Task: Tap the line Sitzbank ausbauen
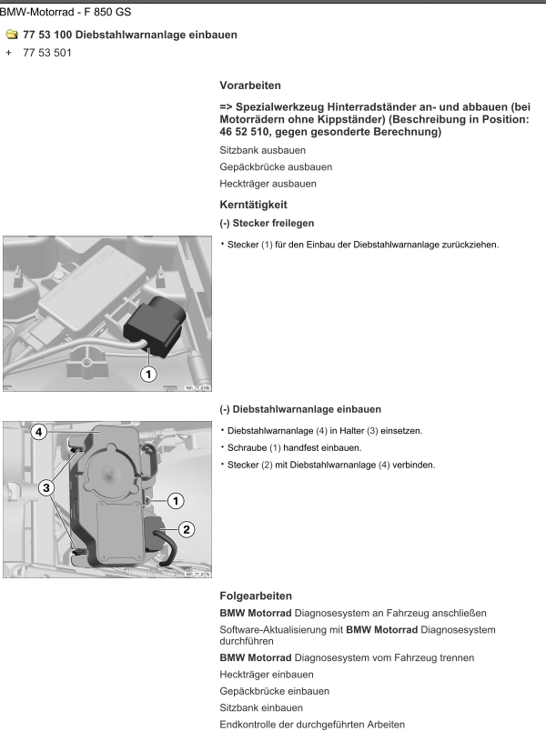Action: click(x=262, y=149)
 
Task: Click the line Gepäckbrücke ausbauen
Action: click(x=276, y=166)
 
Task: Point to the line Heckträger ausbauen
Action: click(x=268, y=184)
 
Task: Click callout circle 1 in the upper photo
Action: click(x=147, y=374)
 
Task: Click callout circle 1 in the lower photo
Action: click(x=176, y=499)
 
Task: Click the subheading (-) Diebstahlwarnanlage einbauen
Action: click(x=300, y=409)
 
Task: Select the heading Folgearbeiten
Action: click(x=257, y=596)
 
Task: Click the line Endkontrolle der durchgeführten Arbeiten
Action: click(x=313, y=725)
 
